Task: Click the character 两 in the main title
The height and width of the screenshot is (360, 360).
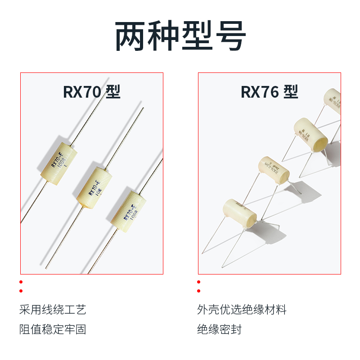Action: click(x=131, y=36)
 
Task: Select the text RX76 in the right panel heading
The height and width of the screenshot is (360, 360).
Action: click(x=260, y=92)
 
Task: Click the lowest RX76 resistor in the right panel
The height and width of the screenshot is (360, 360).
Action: click(x=239, y=212)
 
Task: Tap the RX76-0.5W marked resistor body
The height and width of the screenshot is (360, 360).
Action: click(x=273, y=170)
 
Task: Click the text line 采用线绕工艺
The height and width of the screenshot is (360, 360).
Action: click(x=53, y=310)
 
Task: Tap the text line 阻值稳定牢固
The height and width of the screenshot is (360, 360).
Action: click(x=53, y=329)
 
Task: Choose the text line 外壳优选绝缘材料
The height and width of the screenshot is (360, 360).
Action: click(x=242, y=310)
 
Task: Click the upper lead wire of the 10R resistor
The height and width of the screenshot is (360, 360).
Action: click(x=126, y=137)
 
